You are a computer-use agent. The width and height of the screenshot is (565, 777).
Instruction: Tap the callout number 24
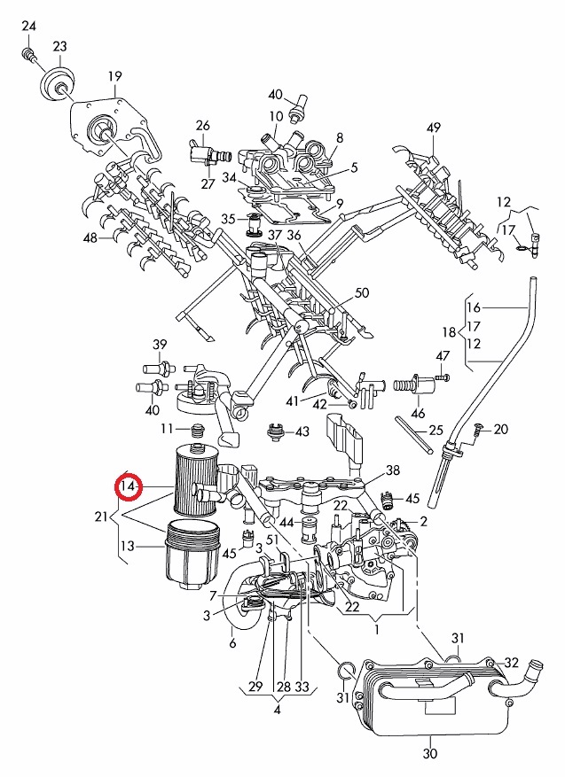tap(28, 27)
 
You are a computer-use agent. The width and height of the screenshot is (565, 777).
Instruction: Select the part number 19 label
tap(114, 75)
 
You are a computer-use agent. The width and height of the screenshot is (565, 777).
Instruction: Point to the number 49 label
tap(433, 128)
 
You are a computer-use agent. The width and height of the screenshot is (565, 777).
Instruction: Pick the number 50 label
tap(361, 293)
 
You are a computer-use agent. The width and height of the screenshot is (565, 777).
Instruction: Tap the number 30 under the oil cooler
tap(431, 754)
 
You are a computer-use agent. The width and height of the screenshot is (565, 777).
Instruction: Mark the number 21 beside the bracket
tap(103, 517)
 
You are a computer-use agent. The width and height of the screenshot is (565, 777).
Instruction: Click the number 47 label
tap(443, 356)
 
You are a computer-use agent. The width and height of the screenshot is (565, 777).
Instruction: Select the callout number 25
tap(436, 431)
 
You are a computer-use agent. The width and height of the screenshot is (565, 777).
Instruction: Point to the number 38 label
tap(394, 470)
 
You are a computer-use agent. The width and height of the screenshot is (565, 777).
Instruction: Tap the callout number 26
tap(202, 126)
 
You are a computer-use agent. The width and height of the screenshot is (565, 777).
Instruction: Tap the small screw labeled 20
tap(479, 430)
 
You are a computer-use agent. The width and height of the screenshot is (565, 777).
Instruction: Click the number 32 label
tap(512, 662)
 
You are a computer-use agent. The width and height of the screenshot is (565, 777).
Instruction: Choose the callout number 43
tap(302, 431)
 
